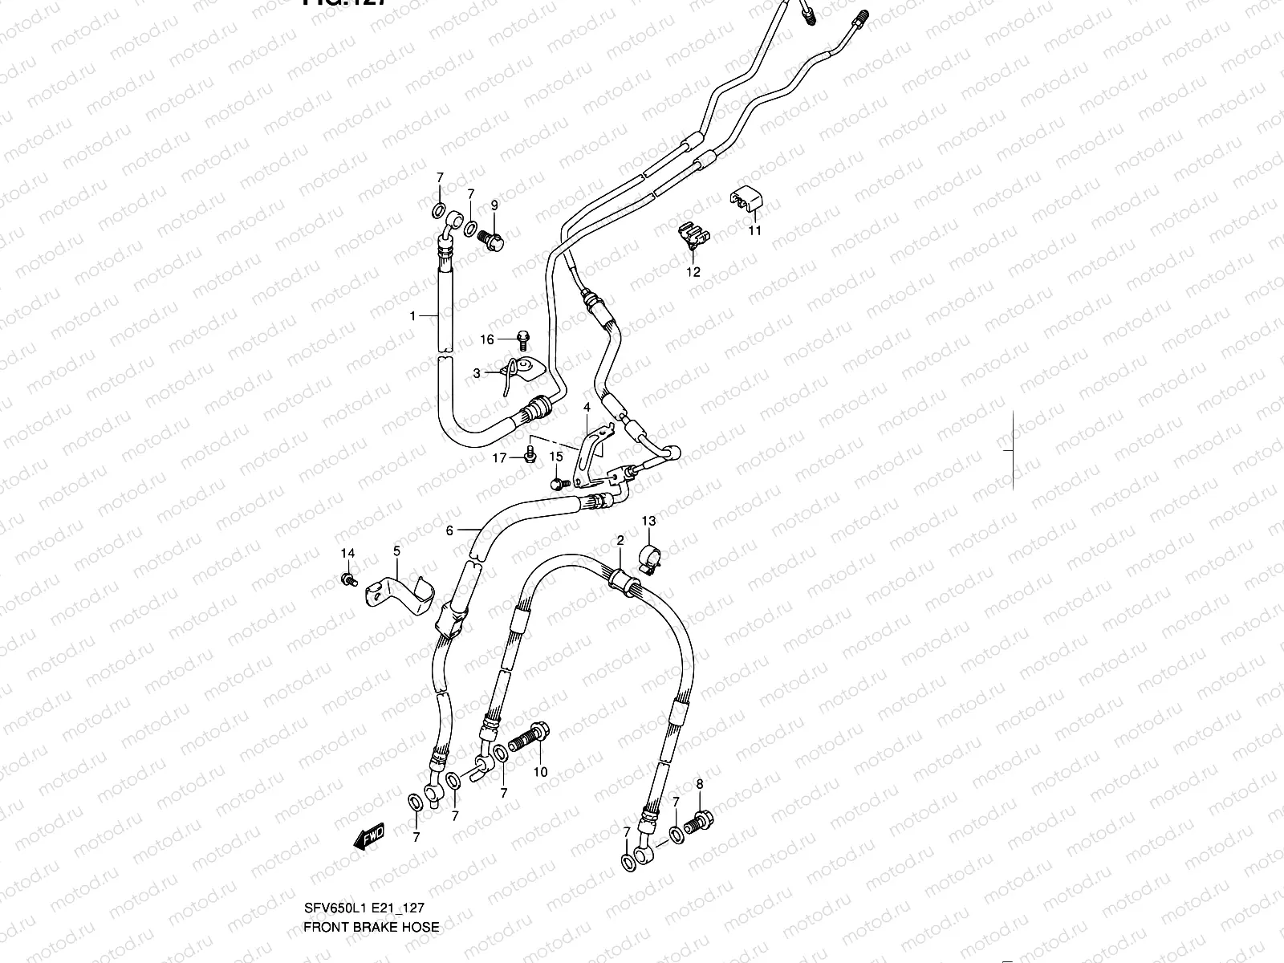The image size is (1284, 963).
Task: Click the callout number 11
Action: (755, 231)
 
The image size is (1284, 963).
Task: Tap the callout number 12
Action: (693, 272)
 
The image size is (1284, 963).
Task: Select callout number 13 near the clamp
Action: (648, 522)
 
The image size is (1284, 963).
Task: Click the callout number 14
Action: (347, 554)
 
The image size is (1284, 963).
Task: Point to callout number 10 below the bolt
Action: (540, 772)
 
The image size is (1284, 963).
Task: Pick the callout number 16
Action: (487, 339)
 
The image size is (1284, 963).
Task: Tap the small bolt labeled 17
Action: (530, 455)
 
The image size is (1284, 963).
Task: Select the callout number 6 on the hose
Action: (450, 530)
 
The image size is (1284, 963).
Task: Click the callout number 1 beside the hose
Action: (413, 316)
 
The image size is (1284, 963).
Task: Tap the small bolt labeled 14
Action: (348, 579)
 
